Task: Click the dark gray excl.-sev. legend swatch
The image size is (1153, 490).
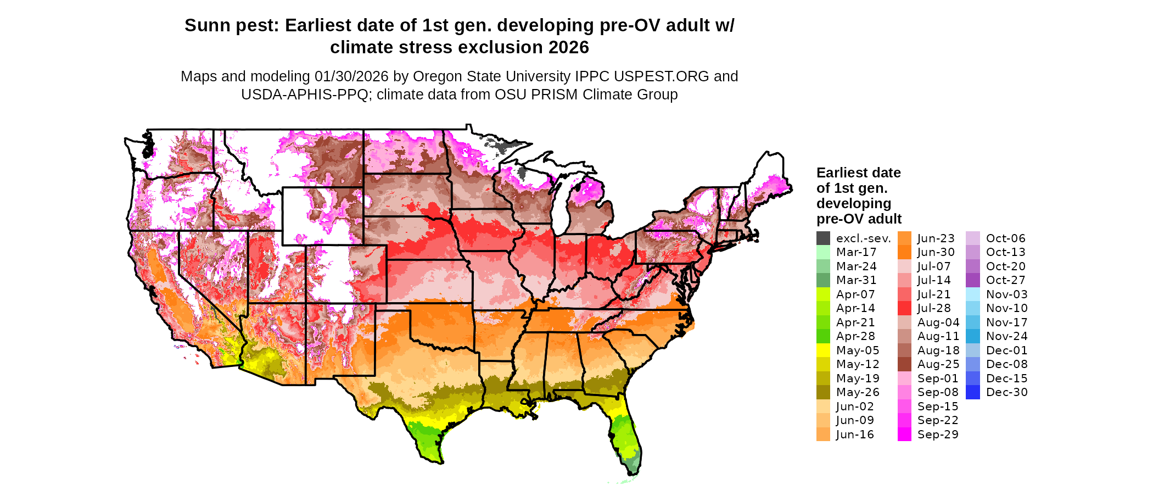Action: click(x=823, y=238)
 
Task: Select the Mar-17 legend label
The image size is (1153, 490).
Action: click(x=856, y=252)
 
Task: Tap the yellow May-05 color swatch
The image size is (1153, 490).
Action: click(x=823, y=350)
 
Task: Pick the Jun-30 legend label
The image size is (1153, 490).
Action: click(x=936, y=252)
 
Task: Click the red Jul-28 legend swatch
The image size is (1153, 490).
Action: click(x=904, y=308)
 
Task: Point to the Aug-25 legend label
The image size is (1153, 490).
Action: click(x=938, y=364)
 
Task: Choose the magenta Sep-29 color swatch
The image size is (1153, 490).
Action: click(x=904, y=435)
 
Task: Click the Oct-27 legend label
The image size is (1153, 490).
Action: click(x=1005, y=280)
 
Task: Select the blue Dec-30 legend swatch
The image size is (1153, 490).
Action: click(x=972, y=392)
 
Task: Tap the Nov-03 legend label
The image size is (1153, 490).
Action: click(x=1006, y=294)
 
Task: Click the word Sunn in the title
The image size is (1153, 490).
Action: click(x=205, y=26)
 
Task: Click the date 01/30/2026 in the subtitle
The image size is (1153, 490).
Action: click(x=351, y=76)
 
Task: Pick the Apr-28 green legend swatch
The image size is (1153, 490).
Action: click(x=823, y=336)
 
